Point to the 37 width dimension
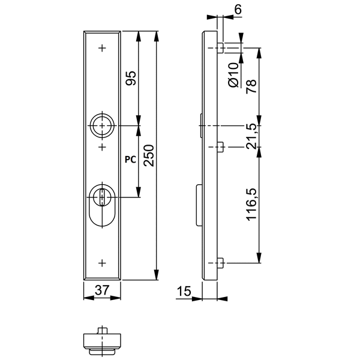103,290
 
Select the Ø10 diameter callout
235,76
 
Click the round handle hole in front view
102,125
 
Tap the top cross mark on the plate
103,47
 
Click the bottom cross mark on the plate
103,262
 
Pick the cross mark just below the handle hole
103,146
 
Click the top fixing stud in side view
220,47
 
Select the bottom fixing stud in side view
220,262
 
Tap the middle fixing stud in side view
220,146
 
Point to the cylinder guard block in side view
198,205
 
